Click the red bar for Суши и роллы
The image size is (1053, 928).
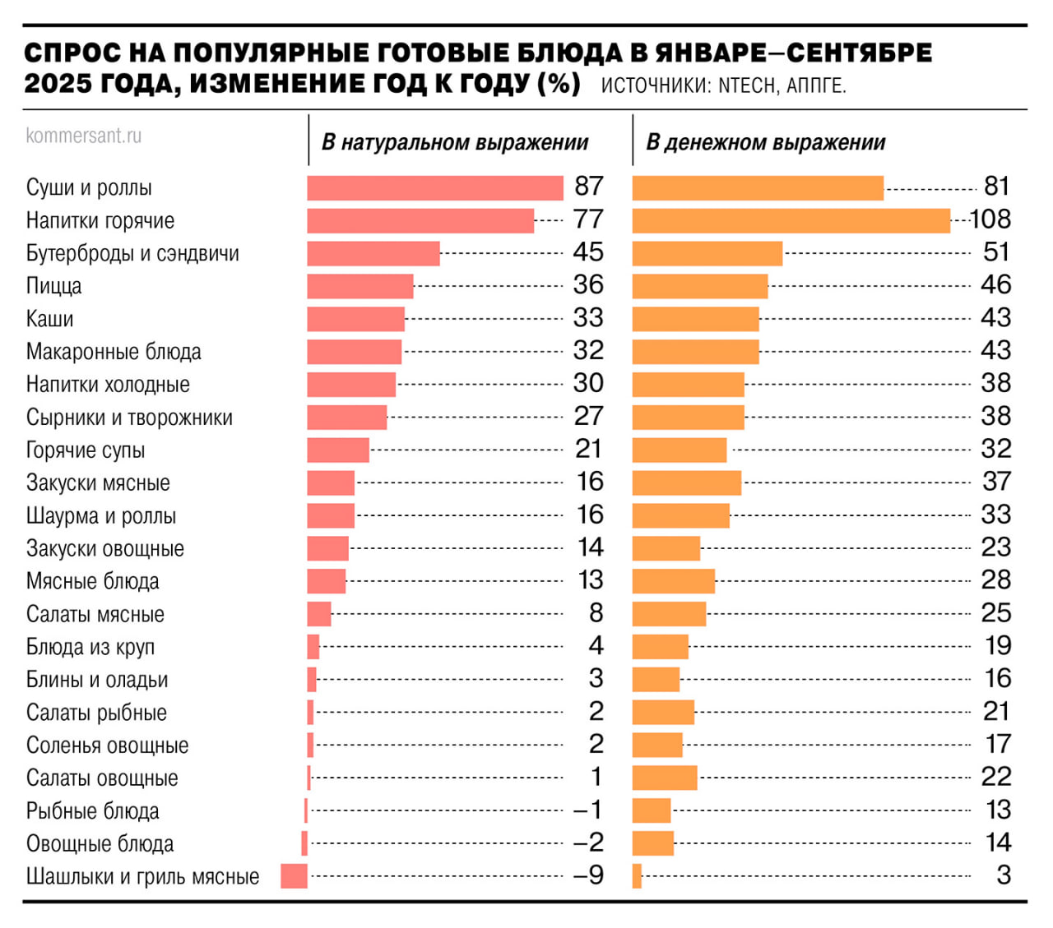pyautogui.click(x=434, y=187)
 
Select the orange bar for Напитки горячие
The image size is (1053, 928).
pyautogui.click(x=791, y=220)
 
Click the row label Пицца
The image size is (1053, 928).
pyautogui.click(x=54, y=286)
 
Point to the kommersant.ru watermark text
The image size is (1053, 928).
pyautogui.click(x=84, y=136)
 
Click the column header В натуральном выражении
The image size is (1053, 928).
pyautogui.click(x=455, y=142)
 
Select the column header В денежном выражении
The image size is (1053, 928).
pyautogui.click(x=765, y=142)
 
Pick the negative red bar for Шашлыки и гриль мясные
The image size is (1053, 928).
pyautogui.click(x=294, y=876)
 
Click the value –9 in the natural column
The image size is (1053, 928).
pyautogui.click(x=588, y=875)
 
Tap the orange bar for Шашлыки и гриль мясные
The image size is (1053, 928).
pyautogui.click(x=637, y=876)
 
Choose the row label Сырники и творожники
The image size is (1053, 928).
pyautogui.click(x=129, y=418)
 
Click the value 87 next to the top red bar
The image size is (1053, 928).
pyautogui.click(x=589, y=187)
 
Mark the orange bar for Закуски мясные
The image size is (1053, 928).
pyautogui.click(x=686, y=482)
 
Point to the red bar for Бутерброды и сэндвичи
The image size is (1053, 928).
pyautogui.click(x=373, y=253)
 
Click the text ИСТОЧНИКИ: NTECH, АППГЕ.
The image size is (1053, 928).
pyautogui.click(x=723, y=86)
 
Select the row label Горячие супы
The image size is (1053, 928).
pyautogui.click(x=86, y=450)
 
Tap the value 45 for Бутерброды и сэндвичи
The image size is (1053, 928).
pyautogui.click(x=588, y=252)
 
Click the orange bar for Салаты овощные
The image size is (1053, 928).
pyautogui.click(x=665, y=778)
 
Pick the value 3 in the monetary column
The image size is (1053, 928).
pyautogui.click(x=1003, y=875)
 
